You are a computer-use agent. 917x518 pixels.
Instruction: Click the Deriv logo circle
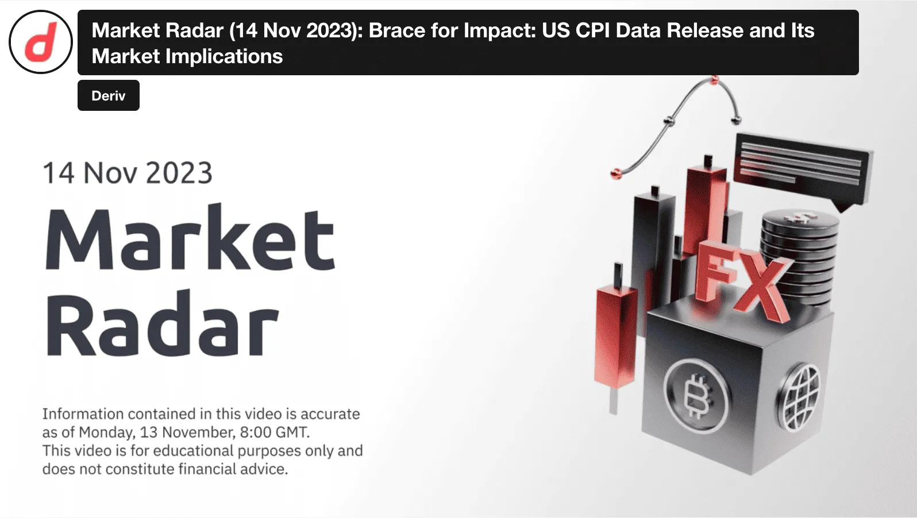tap(41, 42)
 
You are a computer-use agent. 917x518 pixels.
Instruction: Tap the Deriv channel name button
tap(109, 95)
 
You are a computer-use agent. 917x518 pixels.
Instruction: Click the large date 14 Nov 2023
tap(128, 173)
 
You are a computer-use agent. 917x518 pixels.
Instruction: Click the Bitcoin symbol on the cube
tap(696, 396)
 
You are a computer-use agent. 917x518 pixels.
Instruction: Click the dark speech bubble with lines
tap(802, 167)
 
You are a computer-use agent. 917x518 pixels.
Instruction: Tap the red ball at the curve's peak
tap(714, 80)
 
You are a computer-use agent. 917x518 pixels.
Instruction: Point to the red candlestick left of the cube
tap(617, 333)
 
